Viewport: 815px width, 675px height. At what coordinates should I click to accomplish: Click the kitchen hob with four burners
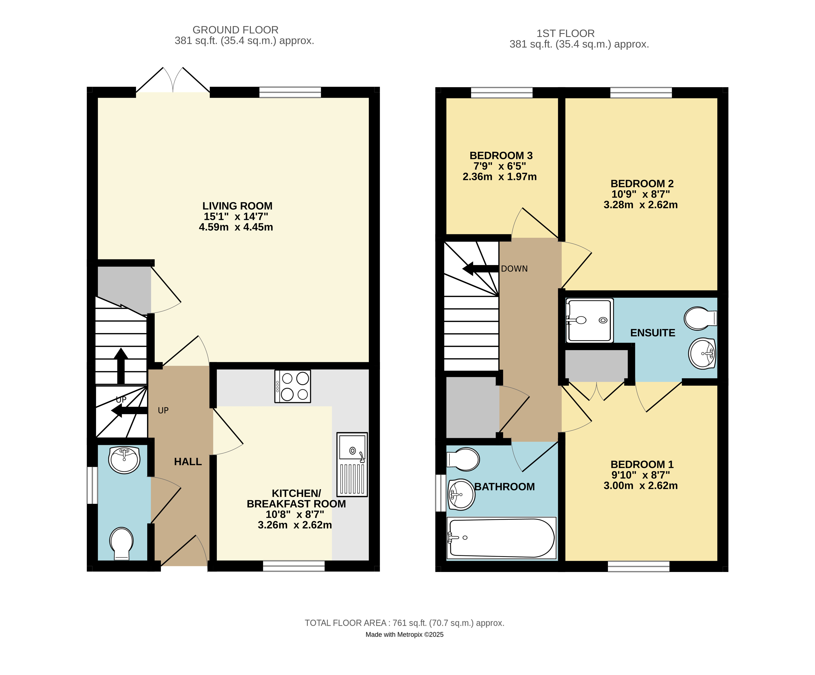click(x=293, y=386)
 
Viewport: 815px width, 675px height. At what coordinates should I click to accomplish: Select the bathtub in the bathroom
click(x=501, y=538)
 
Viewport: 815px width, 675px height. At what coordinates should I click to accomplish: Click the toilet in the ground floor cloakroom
click(x=121, y=543)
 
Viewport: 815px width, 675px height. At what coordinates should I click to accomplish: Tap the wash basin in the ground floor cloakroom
click(x=124, y=460)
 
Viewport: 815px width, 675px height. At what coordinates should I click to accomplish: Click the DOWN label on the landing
click(x=514, y=269)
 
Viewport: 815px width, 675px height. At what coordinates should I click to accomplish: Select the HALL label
click(x=188, y=462)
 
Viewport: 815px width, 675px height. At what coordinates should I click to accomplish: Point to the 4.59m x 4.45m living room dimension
click(x=236, y=227)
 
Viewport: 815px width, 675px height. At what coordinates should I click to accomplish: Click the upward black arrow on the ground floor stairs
click(x=121, y=365)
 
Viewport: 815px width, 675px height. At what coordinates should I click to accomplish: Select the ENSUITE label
click(x=652, y=333)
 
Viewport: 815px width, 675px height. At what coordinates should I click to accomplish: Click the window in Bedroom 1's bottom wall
click(x=639, y=566)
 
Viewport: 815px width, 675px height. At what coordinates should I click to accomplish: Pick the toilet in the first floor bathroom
click(x=464, y=459)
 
